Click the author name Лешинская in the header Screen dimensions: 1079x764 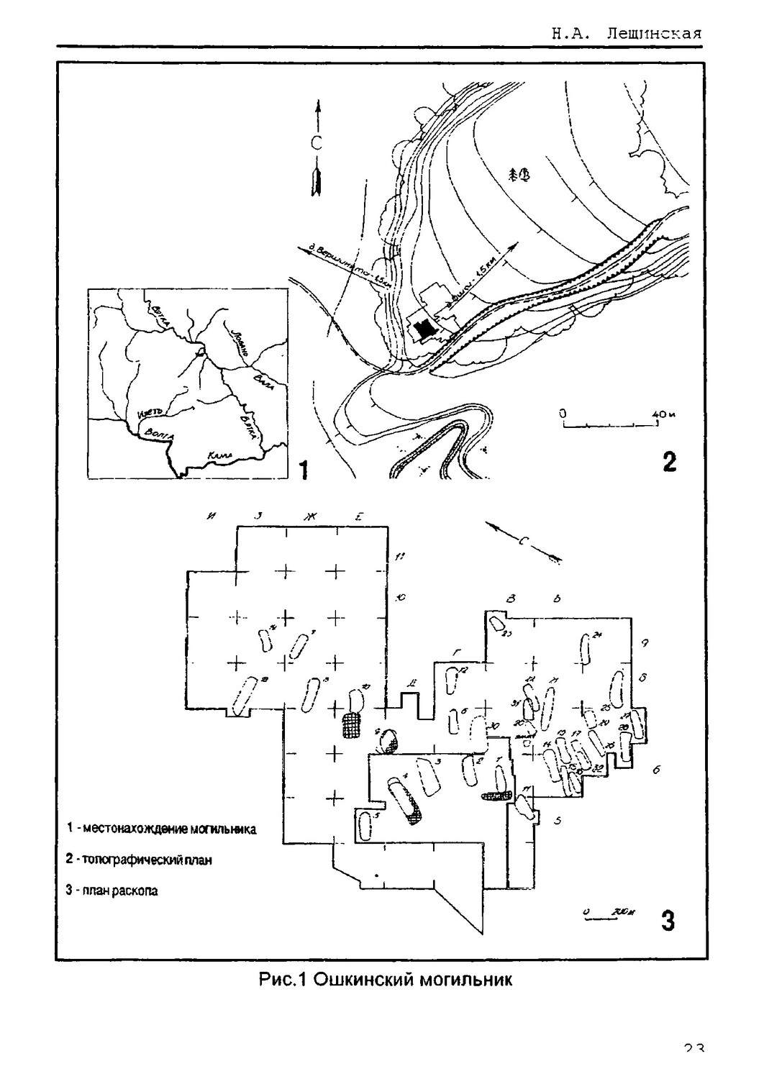coord(653,34)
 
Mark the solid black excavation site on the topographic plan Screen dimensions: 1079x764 coord(427,328)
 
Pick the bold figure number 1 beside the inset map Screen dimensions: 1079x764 coord(303,470)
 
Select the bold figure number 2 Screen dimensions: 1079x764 coord(669,461)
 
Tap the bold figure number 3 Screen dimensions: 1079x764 coord(668,921)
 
